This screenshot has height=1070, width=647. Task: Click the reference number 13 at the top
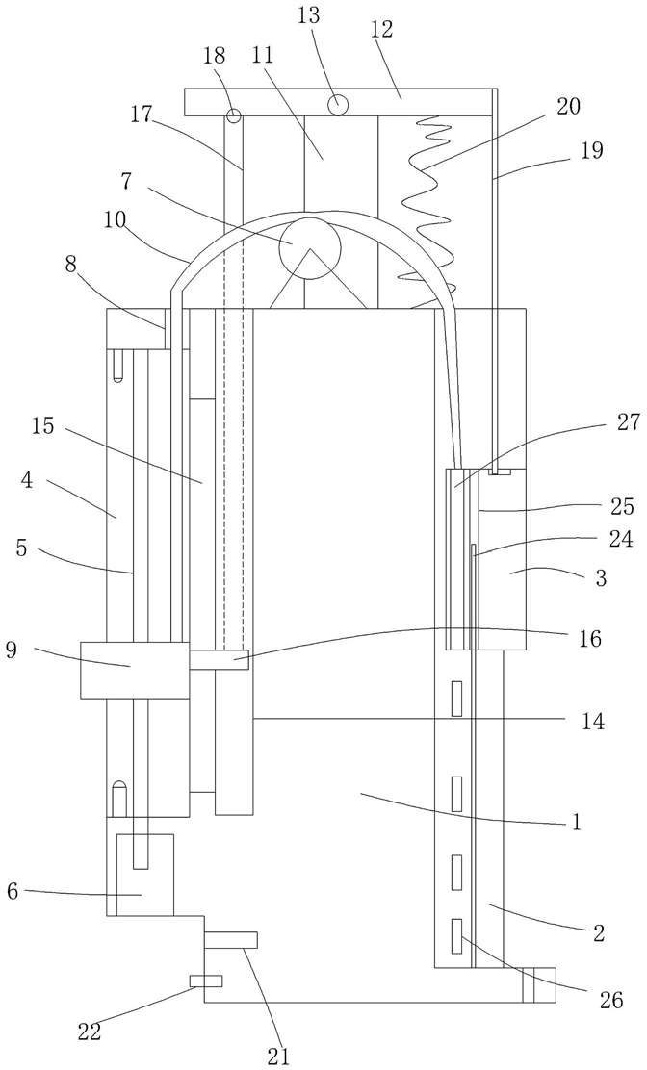point(309,15)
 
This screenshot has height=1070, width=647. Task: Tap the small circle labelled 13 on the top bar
point(338,105)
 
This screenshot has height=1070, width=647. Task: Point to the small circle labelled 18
point(234,115)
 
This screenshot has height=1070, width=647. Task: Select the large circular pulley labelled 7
point(309,249)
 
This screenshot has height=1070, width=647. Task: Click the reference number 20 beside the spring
point(567,107)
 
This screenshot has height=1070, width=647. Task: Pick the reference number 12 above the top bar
point(383,29)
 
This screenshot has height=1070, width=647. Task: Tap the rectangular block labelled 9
point(135,670)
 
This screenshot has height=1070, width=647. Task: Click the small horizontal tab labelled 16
point(220,659)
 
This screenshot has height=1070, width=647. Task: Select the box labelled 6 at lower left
point(145,874)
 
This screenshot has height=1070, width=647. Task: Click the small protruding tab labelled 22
point(205,981)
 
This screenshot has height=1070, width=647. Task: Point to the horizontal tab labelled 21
point(231,940)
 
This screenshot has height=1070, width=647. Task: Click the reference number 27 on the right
point(628,423)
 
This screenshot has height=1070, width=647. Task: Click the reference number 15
point(42,426)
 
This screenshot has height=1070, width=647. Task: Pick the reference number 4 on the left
point(26,481)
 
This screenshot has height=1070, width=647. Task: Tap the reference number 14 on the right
point(592,722)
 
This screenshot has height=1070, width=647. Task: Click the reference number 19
point(592,150)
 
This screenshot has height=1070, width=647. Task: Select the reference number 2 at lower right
point(599,932)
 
